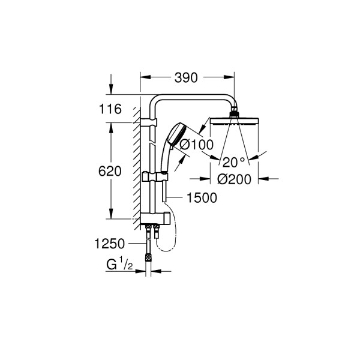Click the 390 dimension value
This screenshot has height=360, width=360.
coord(186,77)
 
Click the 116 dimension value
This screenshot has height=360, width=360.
coord(112,109)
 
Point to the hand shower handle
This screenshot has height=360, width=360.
coord(166,159)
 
